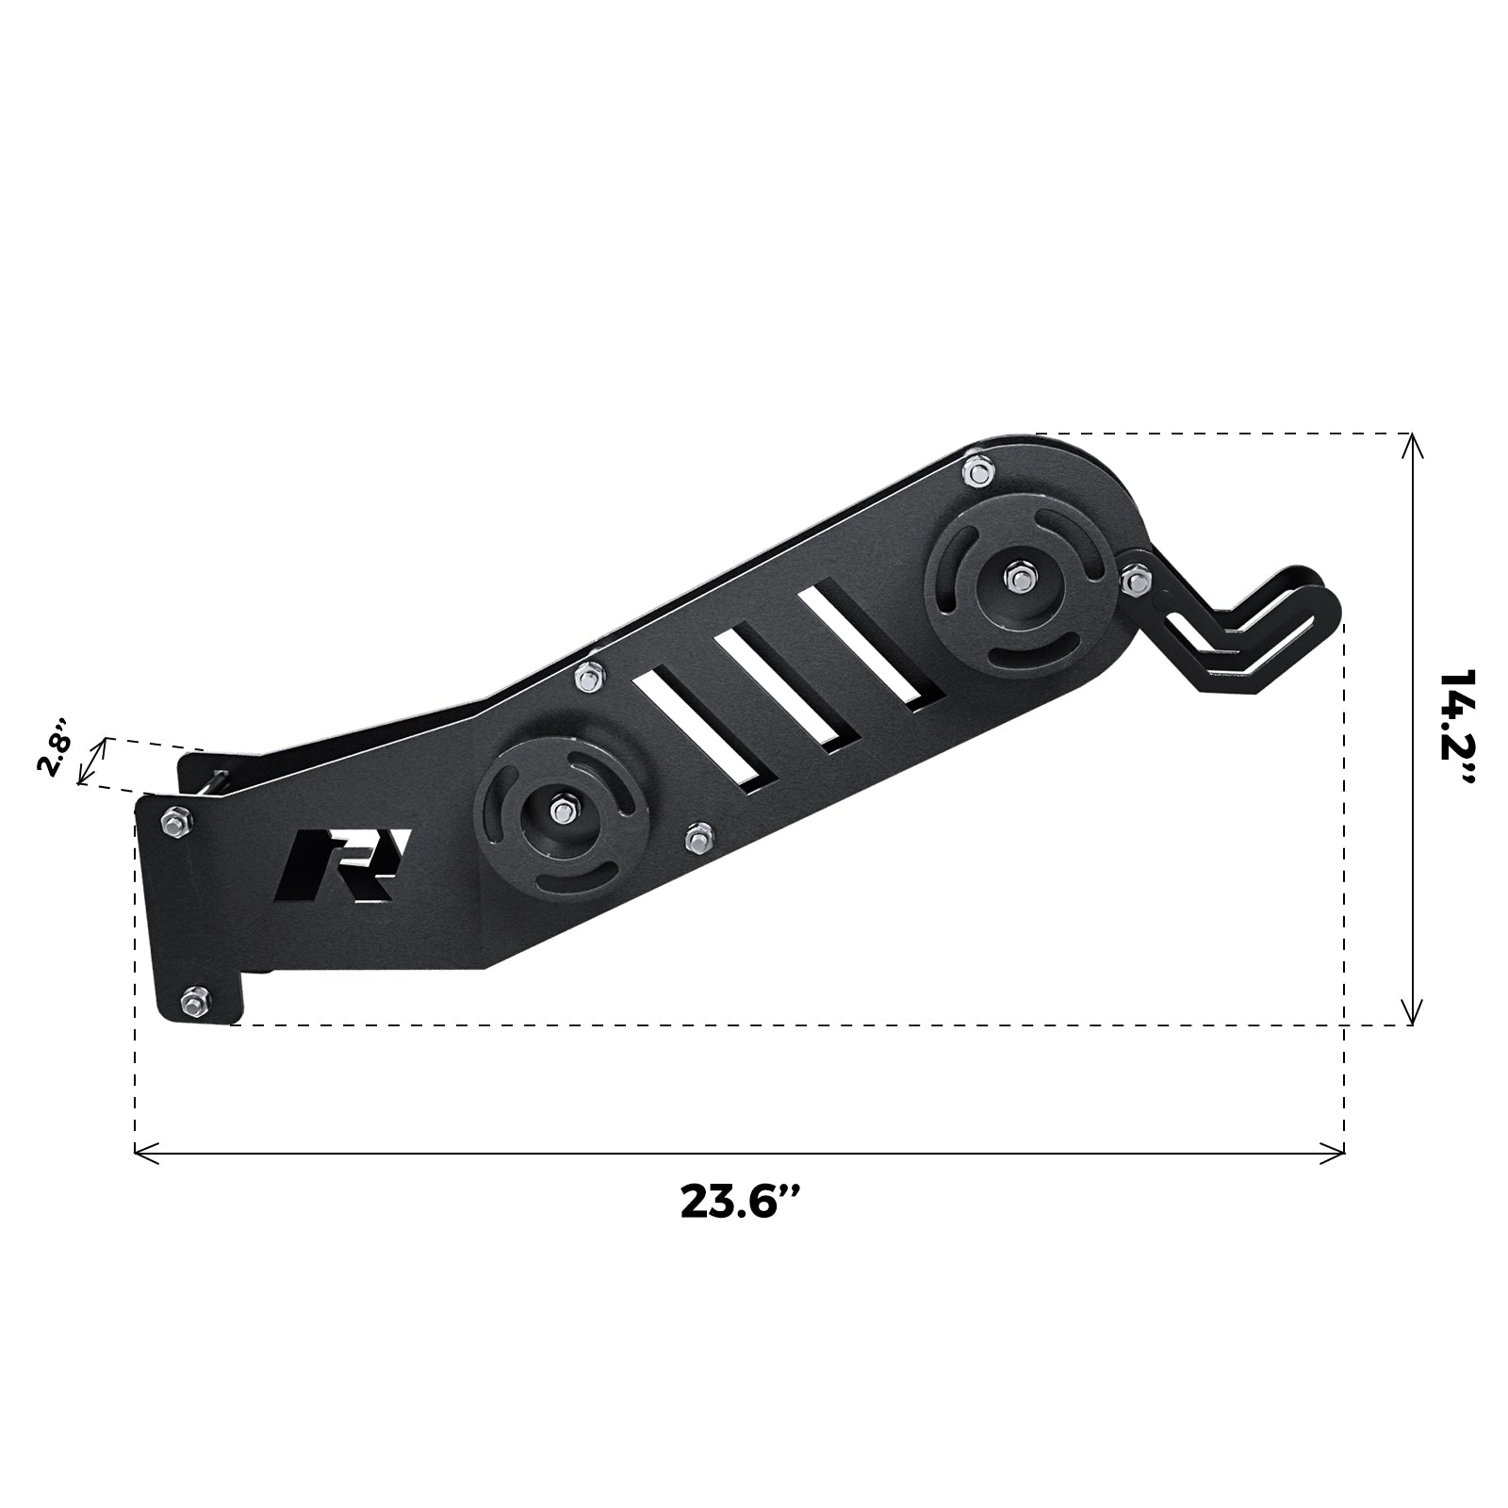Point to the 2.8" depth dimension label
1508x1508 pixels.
pyautogui.click(x=54, y=747)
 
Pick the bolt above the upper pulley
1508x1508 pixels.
pyautogui.click(x=978, y=470)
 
